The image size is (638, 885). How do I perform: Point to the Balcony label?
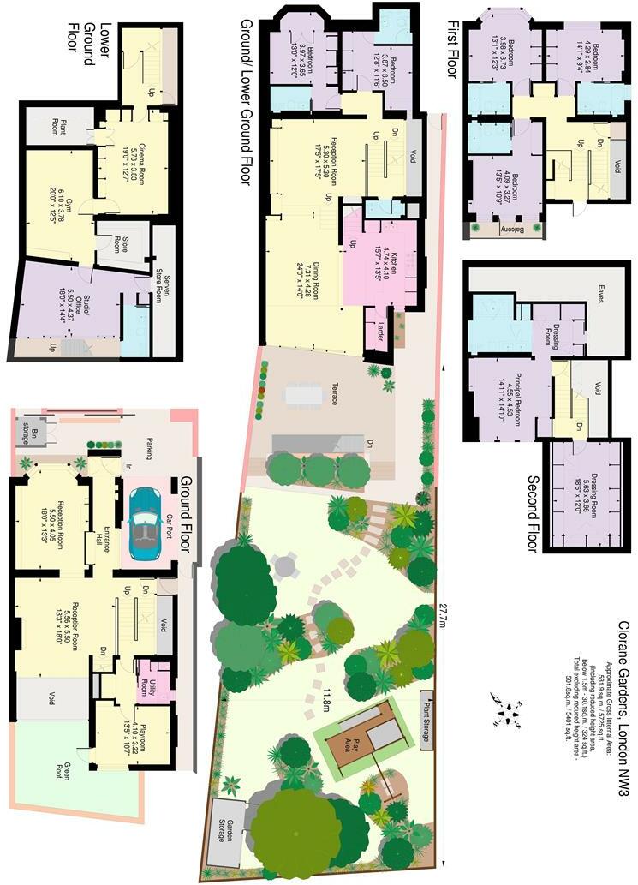pos(506,230)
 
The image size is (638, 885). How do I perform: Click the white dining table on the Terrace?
pos(305,395)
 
